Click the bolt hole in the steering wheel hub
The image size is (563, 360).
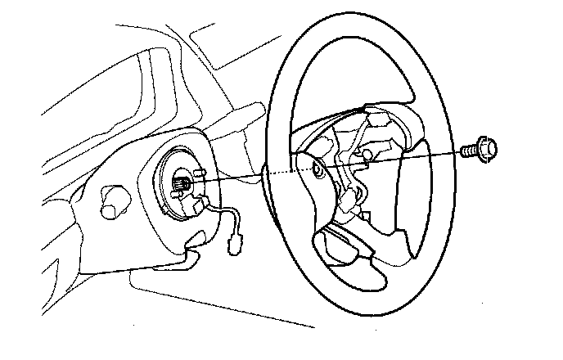tap(318, 169)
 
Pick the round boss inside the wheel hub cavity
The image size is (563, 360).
tap(367, 152)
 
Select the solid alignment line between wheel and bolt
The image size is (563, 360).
tap(393, 160)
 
